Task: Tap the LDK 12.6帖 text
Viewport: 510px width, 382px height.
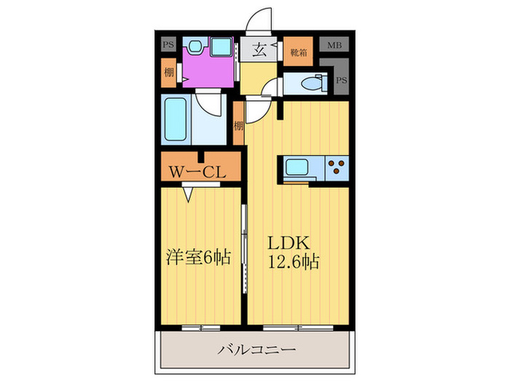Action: click(294, 251)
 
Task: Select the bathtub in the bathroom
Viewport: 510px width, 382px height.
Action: click(177, 121)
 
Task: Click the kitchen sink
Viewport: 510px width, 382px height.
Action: click(297, 167)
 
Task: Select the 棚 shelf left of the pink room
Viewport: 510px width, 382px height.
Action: click(168, 72)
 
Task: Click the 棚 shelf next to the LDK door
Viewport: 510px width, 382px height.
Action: click(238, 124)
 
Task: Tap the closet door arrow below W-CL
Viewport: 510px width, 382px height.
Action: click(189, 193)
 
